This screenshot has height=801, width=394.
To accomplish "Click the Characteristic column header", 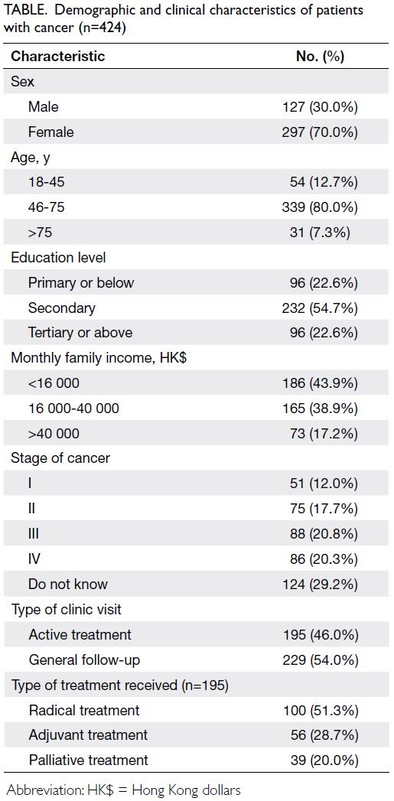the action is tap(57, 56).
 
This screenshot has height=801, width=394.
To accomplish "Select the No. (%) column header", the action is tap(320, 56).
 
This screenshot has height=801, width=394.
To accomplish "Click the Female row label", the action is tap(51, 132).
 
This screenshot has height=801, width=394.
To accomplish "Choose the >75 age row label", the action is tap(41, 233).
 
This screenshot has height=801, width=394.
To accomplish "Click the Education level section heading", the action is tap(58, 258).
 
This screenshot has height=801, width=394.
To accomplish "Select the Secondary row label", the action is tap(62, 308).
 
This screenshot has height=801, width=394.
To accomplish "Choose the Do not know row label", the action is tap(68, 584).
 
